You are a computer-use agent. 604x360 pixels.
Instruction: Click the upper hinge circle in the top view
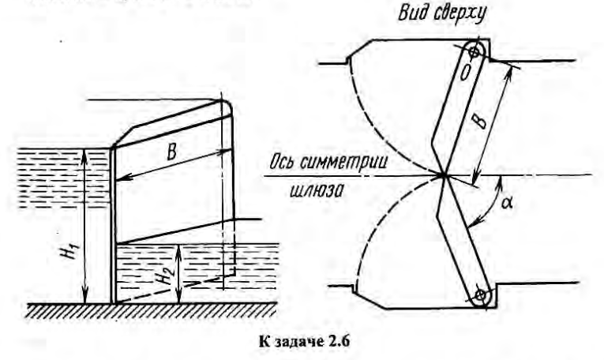coord(475,52)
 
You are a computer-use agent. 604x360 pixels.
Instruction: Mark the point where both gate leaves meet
coord(445,174)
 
